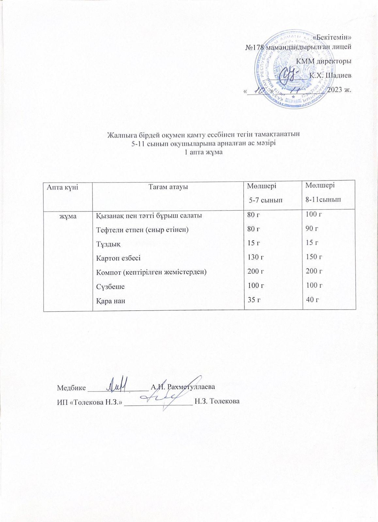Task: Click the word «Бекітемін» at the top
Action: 332,37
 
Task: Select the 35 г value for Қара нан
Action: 254,299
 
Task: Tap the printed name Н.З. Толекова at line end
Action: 217,401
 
